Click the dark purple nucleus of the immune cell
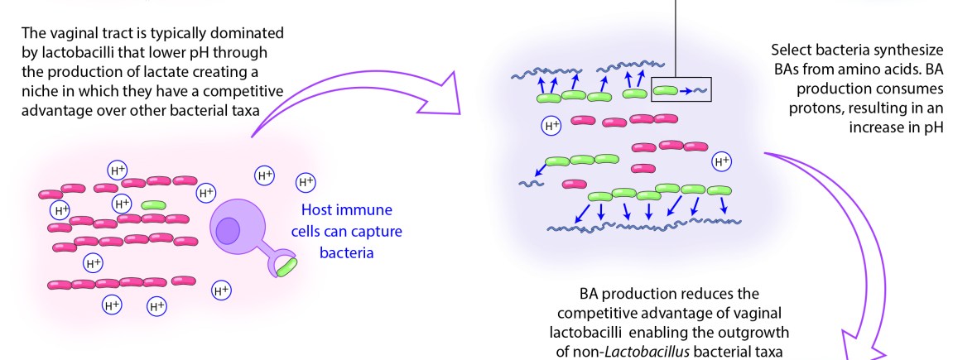pyautogui.click(x=229, y=229)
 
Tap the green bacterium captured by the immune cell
pyautogui.click(x=286, y=266)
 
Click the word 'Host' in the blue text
pyautogui.click(x=319, y=210)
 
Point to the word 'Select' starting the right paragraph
pyautogui.click(x=791, y=50)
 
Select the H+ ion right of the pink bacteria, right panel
pyautogui.click(x=722, y=161)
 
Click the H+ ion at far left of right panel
pyautogui.click(x=551, y=126)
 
